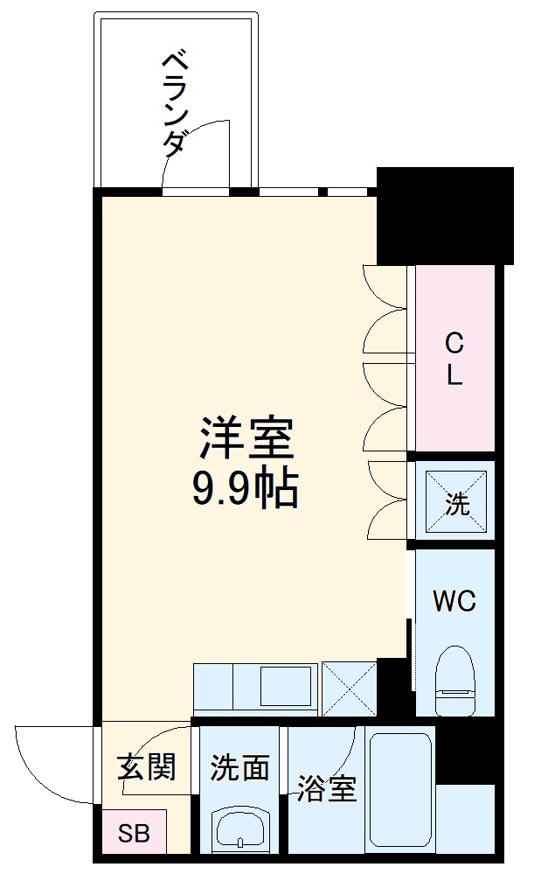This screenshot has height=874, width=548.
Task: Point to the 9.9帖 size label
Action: click(246, 490)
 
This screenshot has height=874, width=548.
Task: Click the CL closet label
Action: click(454, 359)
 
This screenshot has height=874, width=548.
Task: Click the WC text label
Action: click(454, 602)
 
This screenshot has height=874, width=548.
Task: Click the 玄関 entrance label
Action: click(147, 767)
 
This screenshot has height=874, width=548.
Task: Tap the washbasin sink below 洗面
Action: click(239, 827)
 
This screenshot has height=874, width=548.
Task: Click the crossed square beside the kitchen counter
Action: click(349, 689)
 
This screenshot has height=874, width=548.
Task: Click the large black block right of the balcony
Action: click(446, 214)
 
